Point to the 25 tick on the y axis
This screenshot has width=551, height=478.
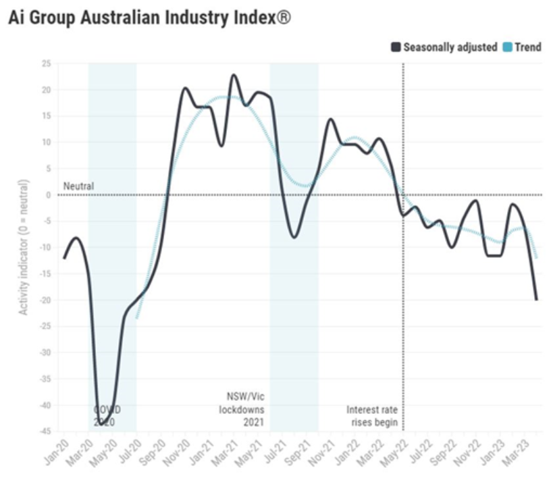click(x=47, y=63)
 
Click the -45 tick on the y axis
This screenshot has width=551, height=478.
click(x=45, y=431)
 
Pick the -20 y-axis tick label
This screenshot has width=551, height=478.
click(x=45, y=300)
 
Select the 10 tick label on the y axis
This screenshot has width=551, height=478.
click(x=47, y=142)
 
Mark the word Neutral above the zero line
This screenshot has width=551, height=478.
click(x=79, y=186)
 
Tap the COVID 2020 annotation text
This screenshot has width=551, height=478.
click(x=105, y=416)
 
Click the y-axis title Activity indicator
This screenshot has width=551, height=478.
click(x=24, y=246)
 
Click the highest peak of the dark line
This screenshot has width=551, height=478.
click(x=234, y=75)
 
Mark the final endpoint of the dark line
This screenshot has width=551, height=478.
click(x=537, y=299)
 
